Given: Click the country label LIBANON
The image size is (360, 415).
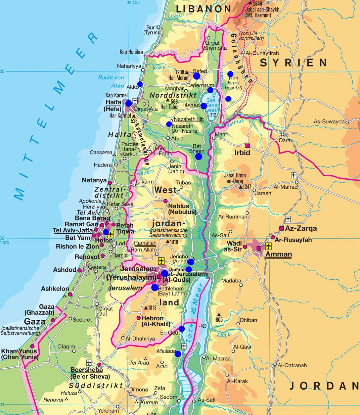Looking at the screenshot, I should tap(203, 9).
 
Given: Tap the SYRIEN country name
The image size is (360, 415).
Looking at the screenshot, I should tap(293, 63).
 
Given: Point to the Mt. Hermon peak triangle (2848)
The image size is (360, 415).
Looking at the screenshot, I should tap(250, 3).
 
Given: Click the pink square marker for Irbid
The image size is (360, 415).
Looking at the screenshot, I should tap(247, 146).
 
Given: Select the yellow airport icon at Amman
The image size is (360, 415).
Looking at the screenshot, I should tap(268, 246).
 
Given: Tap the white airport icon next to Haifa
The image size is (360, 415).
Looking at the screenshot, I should tap(135, 101).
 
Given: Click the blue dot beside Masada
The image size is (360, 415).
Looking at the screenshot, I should tap(178, 354).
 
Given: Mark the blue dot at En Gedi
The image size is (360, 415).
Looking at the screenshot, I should tap(181, 329).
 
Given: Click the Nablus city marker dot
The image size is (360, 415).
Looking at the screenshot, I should tap(165, 201).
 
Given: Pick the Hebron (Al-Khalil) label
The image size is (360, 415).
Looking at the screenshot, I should tap(156, 321).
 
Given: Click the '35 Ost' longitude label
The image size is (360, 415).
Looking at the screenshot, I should tap(133, 3).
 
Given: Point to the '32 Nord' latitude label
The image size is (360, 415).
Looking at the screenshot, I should tap(5, 240).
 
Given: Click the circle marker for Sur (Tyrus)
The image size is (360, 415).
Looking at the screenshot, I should tap(158, 27).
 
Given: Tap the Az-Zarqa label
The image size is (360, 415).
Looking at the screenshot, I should tap(301, 228).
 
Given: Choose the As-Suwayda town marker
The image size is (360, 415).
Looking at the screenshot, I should tap(347, 122).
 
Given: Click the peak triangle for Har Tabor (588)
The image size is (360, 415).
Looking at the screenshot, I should tap(167, 100).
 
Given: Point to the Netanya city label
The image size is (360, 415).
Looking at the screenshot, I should tap(94, 180).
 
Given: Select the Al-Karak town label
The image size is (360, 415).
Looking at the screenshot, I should tap(237, 381).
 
